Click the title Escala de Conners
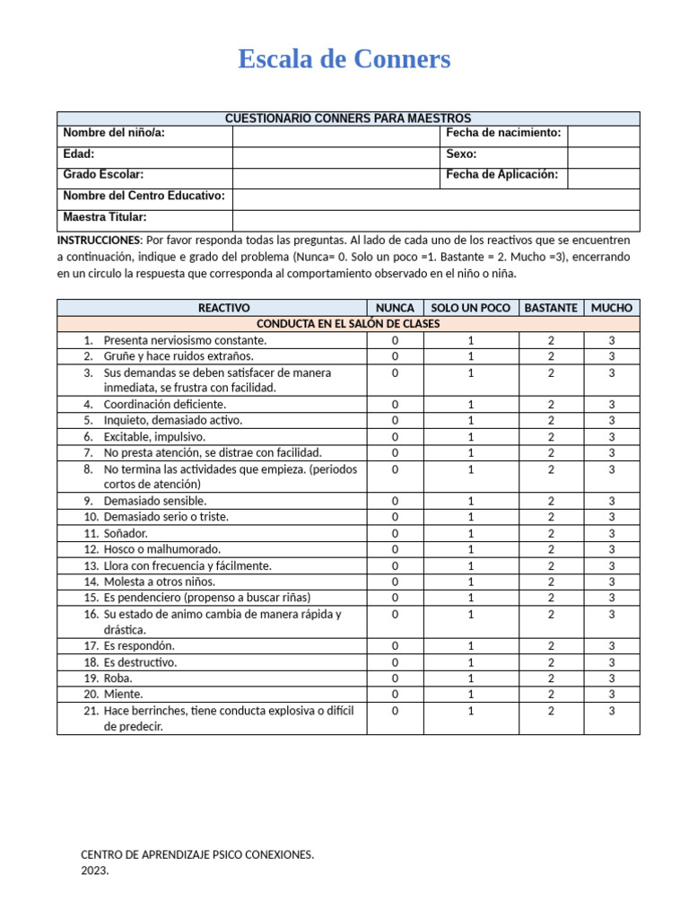tap(344, 59)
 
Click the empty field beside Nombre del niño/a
tap(336, 135)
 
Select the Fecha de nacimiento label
tap(503, 133)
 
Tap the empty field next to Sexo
tap(603, 156)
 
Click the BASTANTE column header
tap(550, 308)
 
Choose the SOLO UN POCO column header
tap(470, 308)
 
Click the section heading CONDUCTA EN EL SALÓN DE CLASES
tap(348, 324)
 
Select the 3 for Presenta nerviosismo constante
tap(611, 340)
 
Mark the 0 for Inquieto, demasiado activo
tap(395, 420)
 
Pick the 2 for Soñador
tap(551, 533)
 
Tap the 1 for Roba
tap(470, 678)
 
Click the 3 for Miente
tap(611, 695)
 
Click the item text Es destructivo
tap(140, 662)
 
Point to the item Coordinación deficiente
tap(164, 404)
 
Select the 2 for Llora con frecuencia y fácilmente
tap(551, 565)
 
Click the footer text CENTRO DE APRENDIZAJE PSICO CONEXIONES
tap(197, 854)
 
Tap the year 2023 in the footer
tap(94, 871)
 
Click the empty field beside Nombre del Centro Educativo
tap(436, 197)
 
